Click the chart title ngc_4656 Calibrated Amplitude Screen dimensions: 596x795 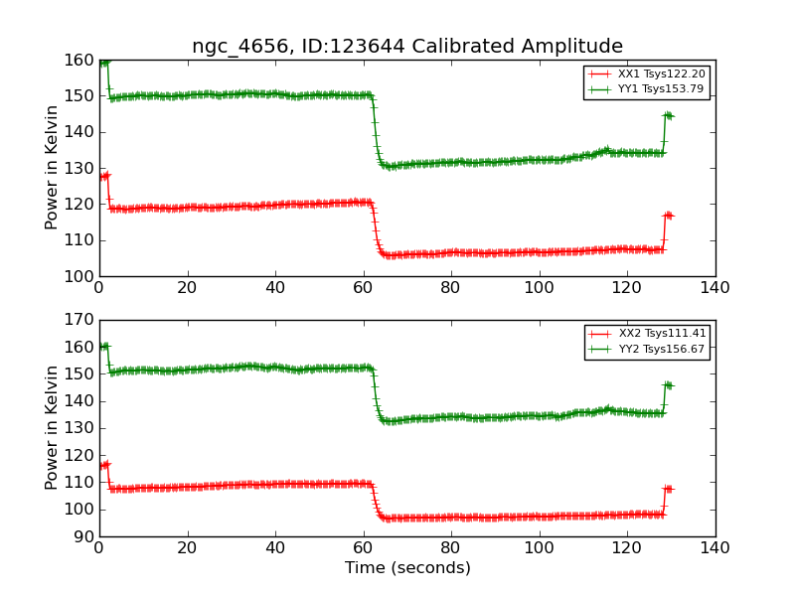coord(407,46)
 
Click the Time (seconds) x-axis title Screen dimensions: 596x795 coord(407,568)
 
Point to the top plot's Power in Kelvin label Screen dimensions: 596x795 coord(53,168)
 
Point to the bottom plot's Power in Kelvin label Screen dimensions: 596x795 coord(53,428)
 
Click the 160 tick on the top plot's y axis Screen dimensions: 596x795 coord(79,60)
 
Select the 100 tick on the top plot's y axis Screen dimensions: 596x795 coord(79,276)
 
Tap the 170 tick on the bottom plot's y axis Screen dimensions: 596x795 coord(79,321)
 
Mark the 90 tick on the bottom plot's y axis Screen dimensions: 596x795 coord(83,537)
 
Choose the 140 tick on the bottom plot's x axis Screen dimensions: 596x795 coord(715,548)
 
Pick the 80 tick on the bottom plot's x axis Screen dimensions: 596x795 coord(451,548)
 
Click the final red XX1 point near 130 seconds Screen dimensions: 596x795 coord(670,216)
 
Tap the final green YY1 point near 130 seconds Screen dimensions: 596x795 coord(670,116)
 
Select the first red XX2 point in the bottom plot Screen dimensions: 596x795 coord(101,465)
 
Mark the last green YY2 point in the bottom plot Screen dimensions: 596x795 coord(670,385)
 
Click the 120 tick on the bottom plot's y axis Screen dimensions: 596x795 coord(79,456)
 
